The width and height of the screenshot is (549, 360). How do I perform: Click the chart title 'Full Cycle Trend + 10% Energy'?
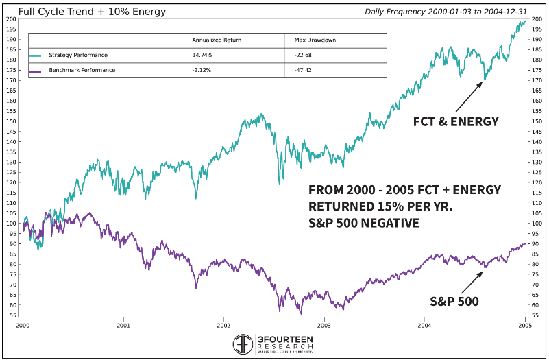[92, 12]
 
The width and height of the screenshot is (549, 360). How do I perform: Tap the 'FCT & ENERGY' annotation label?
[456, 121]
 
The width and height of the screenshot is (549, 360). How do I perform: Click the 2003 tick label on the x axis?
[324, 328]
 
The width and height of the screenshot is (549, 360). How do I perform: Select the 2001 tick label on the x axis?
[123, 328]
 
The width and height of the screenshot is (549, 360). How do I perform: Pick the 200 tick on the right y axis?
[535, 19]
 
